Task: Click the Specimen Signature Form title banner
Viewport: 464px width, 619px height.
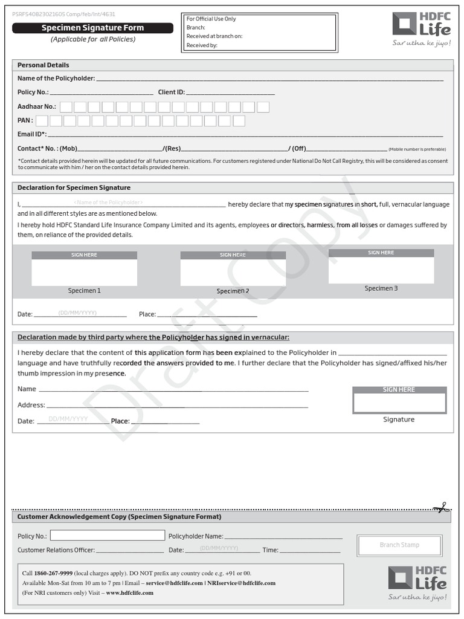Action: click(x=92, y=28)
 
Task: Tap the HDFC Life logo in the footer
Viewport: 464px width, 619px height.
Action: click(x=417, y=583)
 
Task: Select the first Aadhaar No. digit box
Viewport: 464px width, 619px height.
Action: click(x=66, y=107)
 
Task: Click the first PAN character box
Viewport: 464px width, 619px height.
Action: click(x=41, y=121)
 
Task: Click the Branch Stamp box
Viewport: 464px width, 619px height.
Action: click(x=399, y=545)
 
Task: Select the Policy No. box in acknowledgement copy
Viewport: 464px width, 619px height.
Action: click(x=107, y=536)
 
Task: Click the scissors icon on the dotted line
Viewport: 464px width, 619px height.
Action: click(x=441, y=508)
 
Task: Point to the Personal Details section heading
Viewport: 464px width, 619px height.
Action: click(x=43, y=65)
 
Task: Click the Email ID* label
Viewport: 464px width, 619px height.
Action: click(x=32, y=134)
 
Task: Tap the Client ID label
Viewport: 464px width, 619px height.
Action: click(x=172, y=92)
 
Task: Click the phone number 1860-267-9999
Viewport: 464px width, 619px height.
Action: click(x=53, y=573)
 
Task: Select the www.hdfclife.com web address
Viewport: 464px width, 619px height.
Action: click(x=129, y=593)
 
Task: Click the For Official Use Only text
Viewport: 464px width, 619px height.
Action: click(x=211, y=19)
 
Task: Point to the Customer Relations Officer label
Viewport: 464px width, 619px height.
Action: click(x=56, y=550)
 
